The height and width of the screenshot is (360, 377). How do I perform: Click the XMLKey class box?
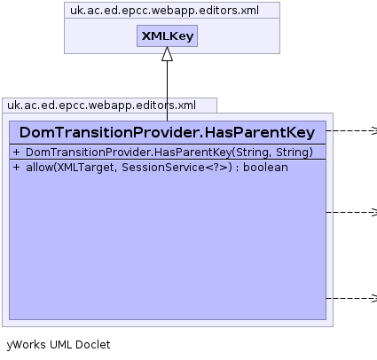(x=167, y=35)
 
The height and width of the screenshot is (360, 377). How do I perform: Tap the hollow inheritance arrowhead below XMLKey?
(x=167, y=54)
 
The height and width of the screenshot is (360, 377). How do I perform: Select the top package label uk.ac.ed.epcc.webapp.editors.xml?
(x=164, y=11)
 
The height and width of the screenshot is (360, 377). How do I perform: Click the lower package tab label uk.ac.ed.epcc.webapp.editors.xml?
(x=101, y=106)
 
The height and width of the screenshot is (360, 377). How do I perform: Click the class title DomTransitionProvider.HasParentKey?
(x=167, y=132)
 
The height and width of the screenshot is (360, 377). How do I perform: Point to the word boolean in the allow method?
(x=265, y=168)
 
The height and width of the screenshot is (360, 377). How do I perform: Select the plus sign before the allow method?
(x=16, y=168)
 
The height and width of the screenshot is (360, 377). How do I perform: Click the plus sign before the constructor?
(x=16, y=153)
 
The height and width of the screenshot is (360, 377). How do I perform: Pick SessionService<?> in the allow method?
(x=177, y=168)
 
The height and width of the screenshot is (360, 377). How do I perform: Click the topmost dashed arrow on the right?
(x=351, y=130)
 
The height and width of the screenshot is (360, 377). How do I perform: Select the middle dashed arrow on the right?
(x=351, y=212)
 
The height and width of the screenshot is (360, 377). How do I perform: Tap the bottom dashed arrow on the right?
(x=351, y=298)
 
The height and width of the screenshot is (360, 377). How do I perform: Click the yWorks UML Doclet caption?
(x=59, y=345)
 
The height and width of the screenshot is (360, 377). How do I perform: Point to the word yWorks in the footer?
(x=26, y=345)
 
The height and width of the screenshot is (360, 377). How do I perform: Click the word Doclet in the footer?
(x=92, y=345)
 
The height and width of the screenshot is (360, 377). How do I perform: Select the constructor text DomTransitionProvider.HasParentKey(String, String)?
(x=169, y=153)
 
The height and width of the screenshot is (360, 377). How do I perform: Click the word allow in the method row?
(x=39, y=168)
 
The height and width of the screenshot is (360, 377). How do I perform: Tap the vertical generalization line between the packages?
(x=167, y=90)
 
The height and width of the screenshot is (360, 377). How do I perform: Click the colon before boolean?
(x=238, y=168)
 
